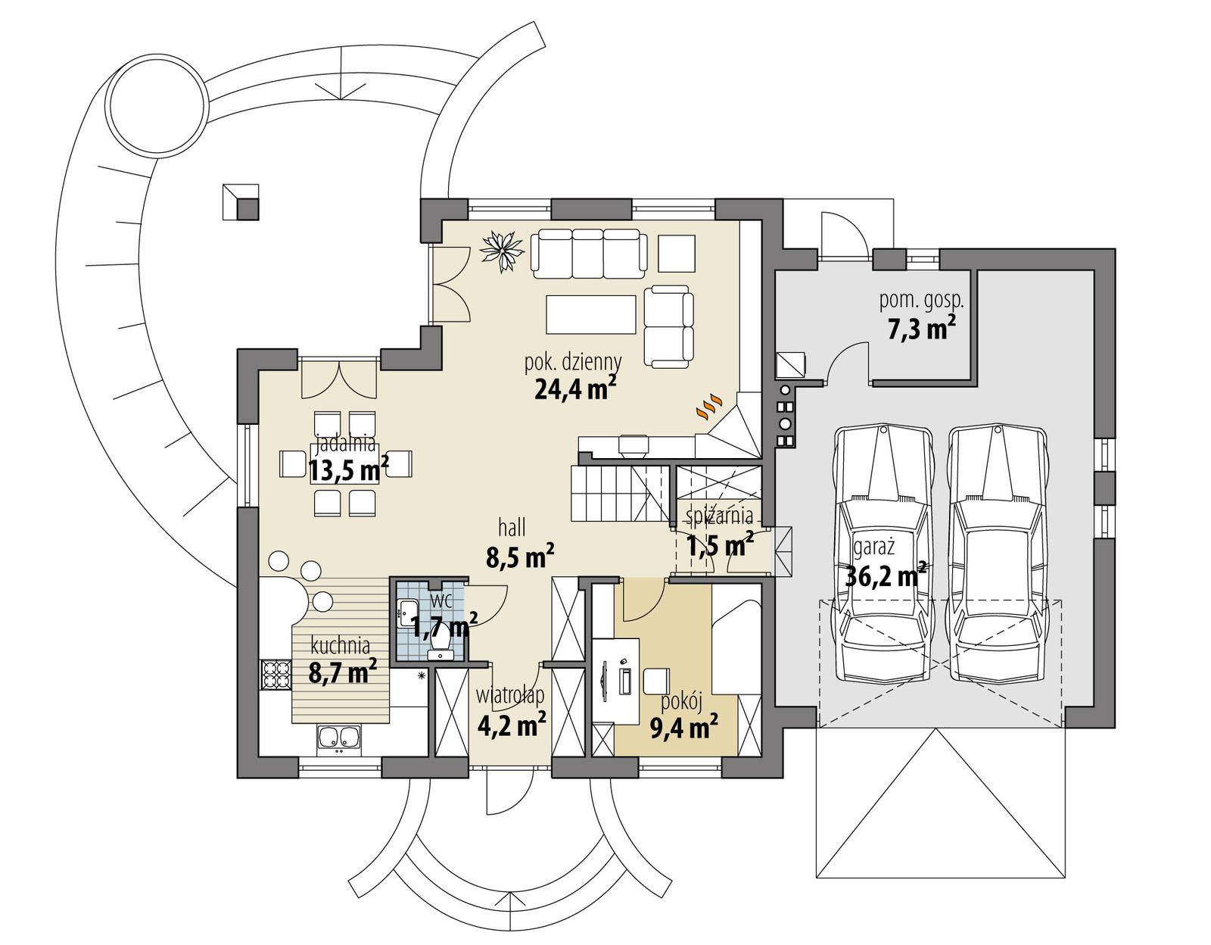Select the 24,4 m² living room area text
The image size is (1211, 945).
tap(575, 388)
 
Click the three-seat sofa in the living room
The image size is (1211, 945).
tap(589, 254)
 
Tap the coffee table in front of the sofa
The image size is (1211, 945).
tap(590, 314)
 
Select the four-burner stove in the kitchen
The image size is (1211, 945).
tap(276, 675)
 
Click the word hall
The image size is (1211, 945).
tap(512, 527)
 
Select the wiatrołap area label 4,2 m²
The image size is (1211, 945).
tap(512, 725)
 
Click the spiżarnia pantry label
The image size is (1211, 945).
tap(719, 516)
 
